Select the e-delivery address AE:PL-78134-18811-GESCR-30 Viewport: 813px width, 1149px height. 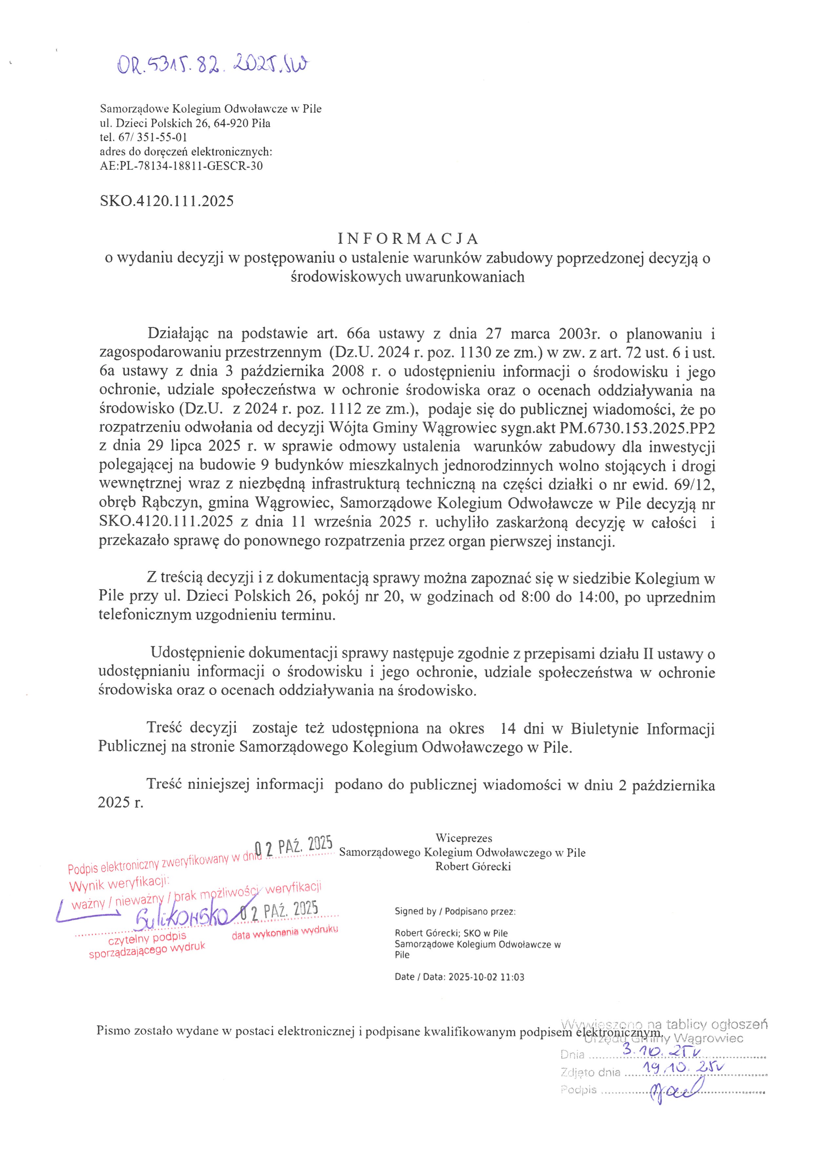click(181, 166)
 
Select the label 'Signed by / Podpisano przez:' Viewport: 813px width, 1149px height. click(455, 911)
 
